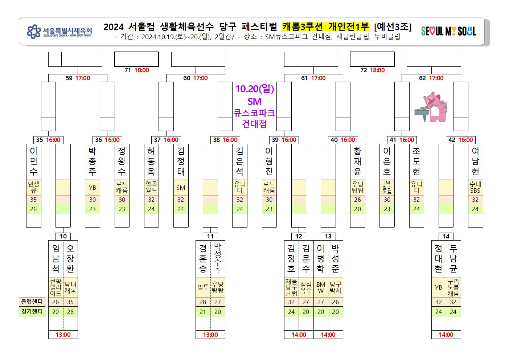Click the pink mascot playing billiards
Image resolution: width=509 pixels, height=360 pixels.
click(431, 107)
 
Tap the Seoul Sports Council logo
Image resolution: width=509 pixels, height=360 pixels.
click(59, 31)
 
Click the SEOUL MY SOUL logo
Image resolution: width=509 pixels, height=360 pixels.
click(448, 31)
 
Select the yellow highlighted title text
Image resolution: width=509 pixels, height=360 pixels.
click(325, 26)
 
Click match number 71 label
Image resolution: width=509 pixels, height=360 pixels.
click(128, 70)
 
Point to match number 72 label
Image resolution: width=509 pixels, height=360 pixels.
click(364, 70)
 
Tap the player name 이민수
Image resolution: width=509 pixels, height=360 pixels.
click(34, 161)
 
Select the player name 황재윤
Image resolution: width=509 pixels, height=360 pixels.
click(357, 161)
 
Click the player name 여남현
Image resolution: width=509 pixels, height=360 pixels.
click(475, 161)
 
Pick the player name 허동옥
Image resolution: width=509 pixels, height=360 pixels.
click(151, 161)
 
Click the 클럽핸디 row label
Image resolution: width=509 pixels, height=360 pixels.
click(32, 302)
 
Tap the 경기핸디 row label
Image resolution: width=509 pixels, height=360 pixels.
click(32, 311)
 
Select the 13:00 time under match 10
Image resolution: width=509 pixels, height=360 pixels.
click(63, 335)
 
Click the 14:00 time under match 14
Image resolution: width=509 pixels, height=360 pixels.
click(446, 335)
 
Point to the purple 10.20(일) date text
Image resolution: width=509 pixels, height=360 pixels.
click(255, 89)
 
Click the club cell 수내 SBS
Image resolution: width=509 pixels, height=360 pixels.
click(475, 188)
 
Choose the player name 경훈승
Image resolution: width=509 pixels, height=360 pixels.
click(203, 258)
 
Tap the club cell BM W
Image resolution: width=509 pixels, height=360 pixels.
click(321, 288)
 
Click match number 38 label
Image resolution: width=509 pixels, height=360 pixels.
click(216, 140)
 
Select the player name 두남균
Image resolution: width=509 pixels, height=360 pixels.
click(453, 258)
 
